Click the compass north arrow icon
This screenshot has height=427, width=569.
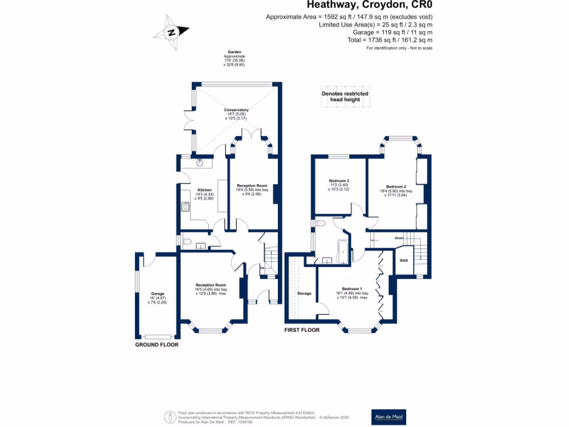pyautogui.click(x=173, y=32)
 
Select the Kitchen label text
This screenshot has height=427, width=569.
pyautogui.click(x=197, y=190)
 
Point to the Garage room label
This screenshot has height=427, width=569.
pyautogui.click(x=157, y=294)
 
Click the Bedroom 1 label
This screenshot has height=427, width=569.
pyautogui.click(x=352, y=289)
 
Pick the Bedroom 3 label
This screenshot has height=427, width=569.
pyautogui.click(x=339, y=181)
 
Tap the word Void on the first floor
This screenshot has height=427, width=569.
pyautogui.click(x=404, y=260)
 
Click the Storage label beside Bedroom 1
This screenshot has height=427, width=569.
pyautogui.click(x=304, y=293)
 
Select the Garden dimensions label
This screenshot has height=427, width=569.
pyautogui.click(x=234, y=57)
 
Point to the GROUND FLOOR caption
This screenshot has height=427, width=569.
pyautogui.click(x=157, y=345)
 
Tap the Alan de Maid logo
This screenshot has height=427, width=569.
pyautogui.click(x=388, y=416)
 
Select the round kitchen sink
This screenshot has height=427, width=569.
pyautogui.click(x=201, y=163)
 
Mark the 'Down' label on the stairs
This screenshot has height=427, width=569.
pyautogui.click(x=398, y=237)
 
